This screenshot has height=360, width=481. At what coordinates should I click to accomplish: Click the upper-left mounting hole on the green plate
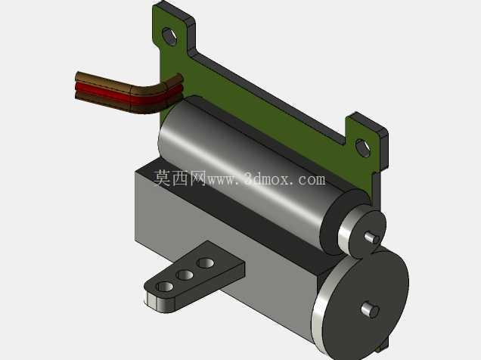(169, 36)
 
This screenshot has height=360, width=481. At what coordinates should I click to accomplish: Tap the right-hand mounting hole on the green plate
(363, 148)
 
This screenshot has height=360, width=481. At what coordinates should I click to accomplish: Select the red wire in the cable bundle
(129, 93)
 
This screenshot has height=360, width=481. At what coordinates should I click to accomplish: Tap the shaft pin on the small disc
(371, 237)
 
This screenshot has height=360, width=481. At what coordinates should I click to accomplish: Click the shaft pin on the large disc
(371, 310)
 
